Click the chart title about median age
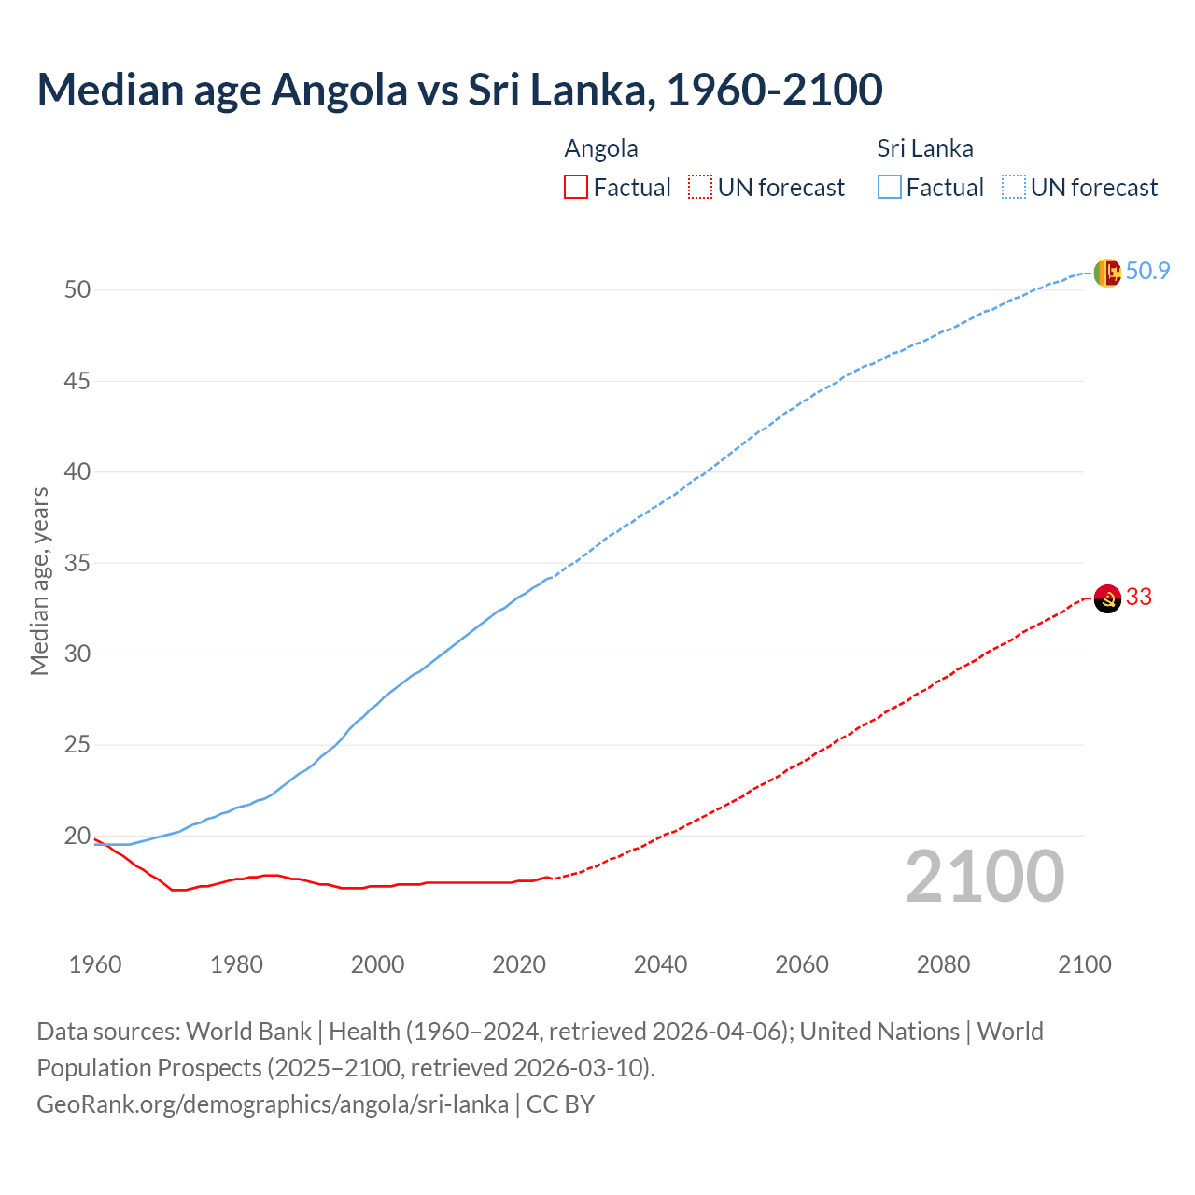coord(459,91)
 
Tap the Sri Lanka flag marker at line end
coord(1106,273)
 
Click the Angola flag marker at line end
coord(1106,598)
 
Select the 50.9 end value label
coord(1147,272)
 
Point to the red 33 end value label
coord(1139,597)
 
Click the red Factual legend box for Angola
coord(576,188)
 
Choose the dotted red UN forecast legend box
coord(700,188)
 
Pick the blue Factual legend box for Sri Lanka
coord(890,188)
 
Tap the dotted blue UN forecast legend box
coord(1013,188)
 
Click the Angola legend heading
coord(601,149)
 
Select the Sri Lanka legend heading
coord(924,149)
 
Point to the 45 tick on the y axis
coord(77,381)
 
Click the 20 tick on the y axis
coord(77,836)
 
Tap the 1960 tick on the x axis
coord(95,964)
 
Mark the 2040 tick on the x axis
coord(660,964)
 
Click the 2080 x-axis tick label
coord(943,964)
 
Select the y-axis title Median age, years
coord(39,581)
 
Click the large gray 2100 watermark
coord(984,877)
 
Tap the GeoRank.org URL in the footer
coord(273,1104)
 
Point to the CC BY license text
coord(560,1104)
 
